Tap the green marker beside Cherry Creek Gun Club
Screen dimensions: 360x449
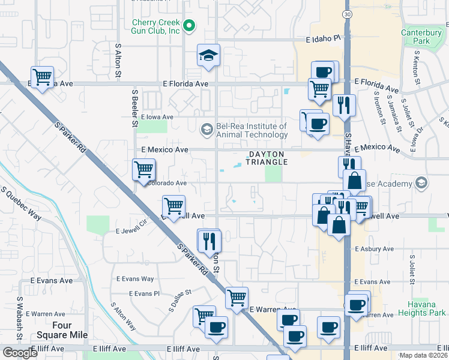[x=190, y=26]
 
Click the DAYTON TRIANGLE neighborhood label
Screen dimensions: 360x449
[x=267, y=158]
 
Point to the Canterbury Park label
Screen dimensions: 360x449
[x=417, y=37]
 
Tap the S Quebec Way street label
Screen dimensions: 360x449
[x=23, y=204]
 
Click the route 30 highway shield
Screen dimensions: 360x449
[x=347, y=14]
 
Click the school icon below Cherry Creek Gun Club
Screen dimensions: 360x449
[x=208, y=56]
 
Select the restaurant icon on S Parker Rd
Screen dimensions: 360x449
[x=209, y=241]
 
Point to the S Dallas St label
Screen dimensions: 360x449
[x=179, y=296]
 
